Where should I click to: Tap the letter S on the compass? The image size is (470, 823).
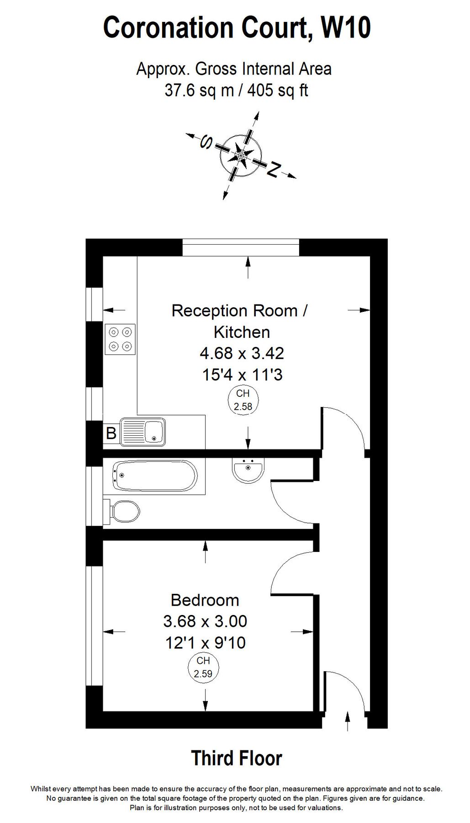207,143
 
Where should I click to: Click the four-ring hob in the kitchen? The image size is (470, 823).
120,339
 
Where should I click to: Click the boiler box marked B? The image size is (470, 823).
111,433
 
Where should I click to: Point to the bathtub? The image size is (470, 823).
154,476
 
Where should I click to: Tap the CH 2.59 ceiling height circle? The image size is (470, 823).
203,668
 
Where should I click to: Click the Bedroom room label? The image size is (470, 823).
205,600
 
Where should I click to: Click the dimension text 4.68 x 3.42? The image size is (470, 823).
242,353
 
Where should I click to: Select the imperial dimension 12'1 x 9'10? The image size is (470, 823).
205,642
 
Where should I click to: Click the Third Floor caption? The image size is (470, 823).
236,758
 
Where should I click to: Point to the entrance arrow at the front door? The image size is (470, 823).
348,721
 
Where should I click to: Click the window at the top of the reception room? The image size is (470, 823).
241,247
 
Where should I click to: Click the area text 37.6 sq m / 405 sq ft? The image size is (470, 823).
236,90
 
